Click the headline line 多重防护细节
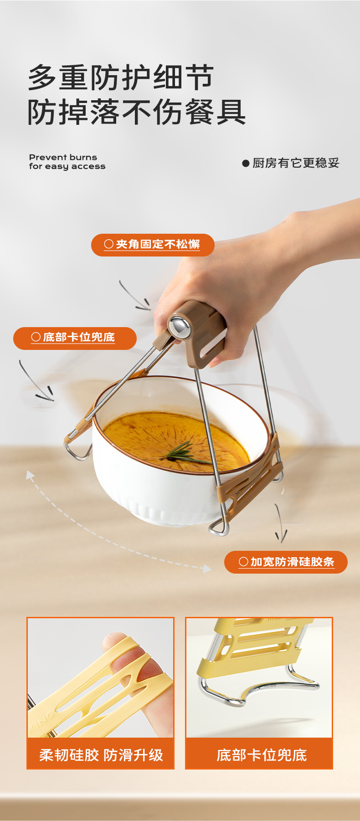[x=121, y=77]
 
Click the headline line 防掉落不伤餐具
[x=137, y=112]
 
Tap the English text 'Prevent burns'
[x=63, y=157]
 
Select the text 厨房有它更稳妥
[x=296, y=163]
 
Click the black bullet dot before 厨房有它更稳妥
[x=246, y=163]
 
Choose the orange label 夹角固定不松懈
[x=153, y=245]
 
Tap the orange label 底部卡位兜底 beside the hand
[x=75, y=338]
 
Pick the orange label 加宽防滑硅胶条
[x=286, y=562]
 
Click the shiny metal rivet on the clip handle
[x=180, y=326]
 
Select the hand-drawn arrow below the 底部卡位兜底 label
[x=36, y=382]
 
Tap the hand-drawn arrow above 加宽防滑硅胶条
[x=280, y=523]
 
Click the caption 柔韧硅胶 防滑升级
[x=101, y=755]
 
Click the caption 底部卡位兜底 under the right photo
[x=262, y=755]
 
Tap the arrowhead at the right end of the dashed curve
[x=207, y=569]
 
